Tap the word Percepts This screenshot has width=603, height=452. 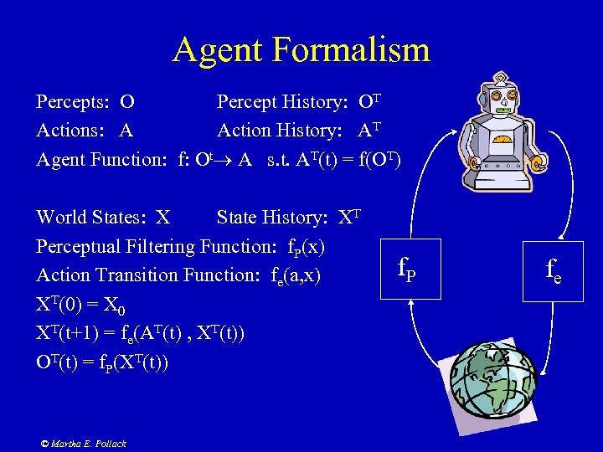click(x=72, y=102)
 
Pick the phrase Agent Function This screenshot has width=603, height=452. click(x=101, y=159)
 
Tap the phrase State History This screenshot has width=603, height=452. click(x=271, y=218)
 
